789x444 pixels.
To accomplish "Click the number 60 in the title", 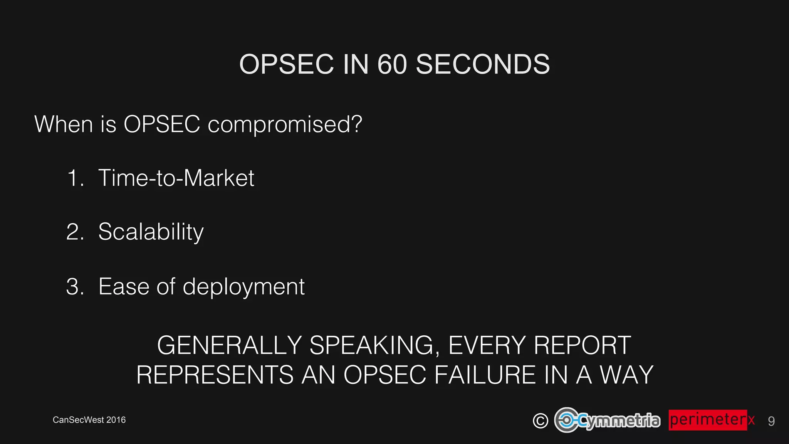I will tap(392, 64).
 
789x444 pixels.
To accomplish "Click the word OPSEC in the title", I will tap(286, 64).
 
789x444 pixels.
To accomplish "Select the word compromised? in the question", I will tap(285, 124).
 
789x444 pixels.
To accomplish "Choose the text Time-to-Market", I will tap(176, 178).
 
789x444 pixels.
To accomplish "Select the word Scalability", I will tap(151, 232).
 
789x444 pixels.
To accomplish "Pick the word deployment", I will tap(243, 287).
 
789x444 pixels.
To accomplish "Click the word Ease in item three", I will tap(124, 287).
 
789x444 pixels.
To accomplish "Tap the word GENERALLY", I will tap(229, 345).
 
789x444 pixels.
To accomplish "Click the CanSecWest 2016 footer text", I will tap(89, 420).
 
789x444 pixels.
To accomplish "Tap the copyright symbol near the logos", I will tap(540, 420).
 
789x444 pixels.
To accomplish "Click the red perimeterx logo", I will tap(711, 420).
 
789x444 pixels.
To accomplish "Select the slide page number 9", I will tap(771, 421).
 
